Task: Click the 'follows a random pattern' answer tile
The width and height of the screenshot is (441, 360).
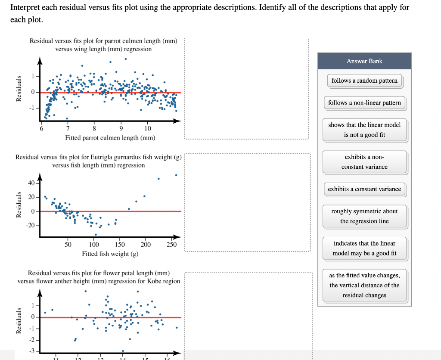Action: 364,81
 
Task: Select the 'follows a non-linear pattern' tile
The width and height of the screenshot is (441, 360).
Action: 364,103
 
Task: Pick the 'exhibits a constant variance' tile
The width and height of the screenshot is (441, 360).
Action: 364,189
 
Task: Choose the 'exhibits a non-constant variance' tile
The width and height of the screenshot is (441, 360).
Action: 364,162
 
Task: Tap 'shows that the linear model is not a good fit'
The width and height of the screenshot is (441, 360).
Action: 364,130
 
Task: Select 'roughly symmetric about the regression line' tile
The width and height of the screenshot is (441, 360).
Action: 364,216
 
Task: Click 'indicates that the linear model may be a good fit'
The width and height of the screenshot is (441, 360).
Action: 364,248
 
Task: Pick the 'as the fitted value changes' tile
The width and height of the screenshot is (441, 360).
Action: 364,285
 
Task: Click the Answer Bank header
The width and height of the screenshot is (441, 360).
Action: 364,61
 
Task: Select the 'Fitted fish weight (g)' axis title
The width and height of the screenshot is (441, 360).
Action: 110,254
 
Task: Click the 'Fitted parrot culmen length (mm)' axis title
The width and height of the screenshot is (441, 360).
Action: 110,138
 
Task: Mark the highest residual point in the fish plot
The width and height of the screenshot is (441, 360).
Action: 176,175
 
